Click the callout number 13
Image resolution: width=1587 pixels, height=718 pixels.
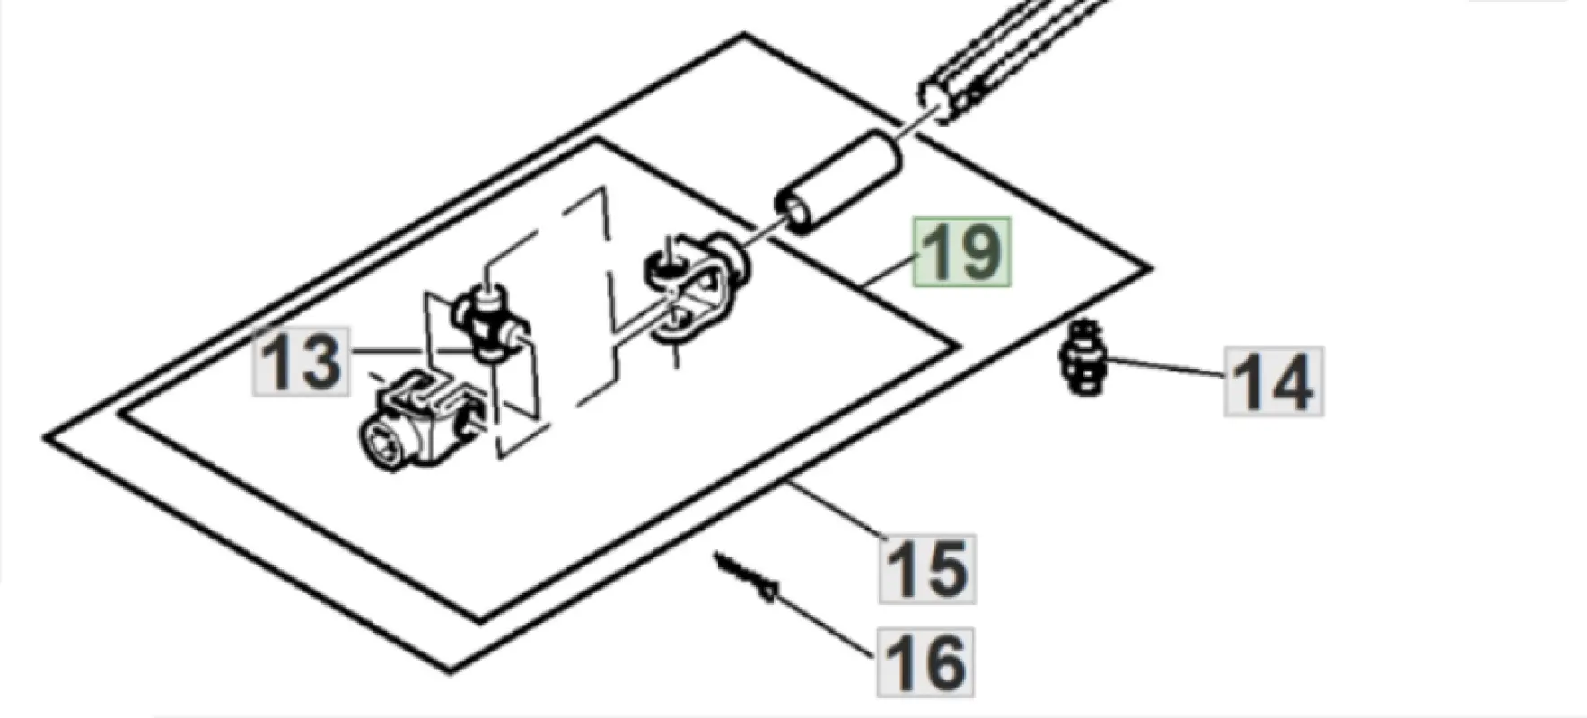[x=301, y=362]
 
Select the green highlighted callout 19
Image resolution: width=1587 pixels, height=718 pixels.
[x=961, y=252]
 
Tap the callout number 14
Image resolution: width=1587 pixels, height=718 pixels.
[x=1274, y=381]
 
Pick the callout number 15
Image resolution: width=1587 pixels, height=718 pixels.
[x=927, y=569]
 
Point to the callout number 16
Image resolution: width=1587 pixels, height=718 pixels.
[x=925, y=662]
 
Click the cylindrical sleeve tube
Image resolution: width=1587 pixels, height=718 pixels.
[x=837, y=180]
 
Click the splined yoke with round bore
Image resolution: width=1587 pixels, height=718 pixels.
[x=418, y=420]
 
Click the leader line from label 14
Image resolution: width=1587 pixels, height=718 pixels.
[x=1168, y=368]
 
